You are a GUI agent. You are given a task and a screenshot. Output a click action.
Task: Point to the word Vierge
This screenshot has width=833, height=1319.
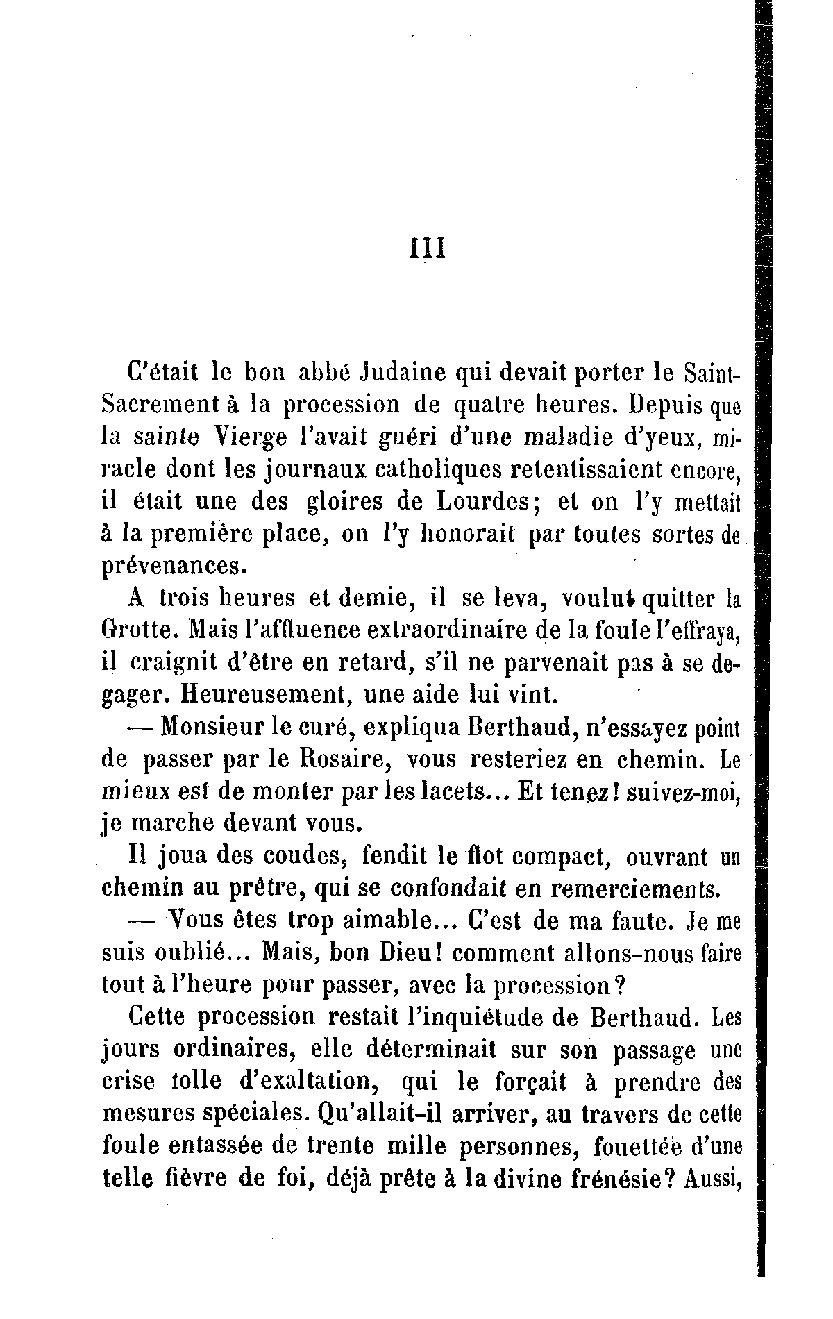244,438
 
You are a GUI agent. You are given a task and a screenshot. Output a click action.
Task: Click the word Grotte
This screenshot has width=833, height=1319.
142,630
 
